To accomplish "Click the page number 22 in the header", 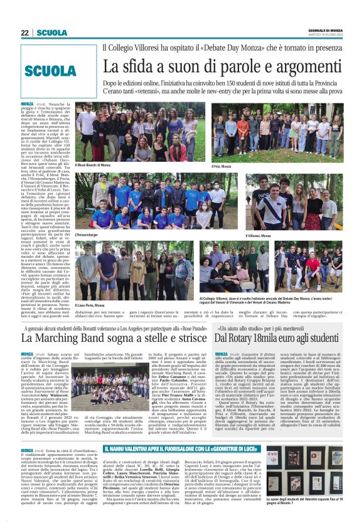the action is [24, 33].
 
